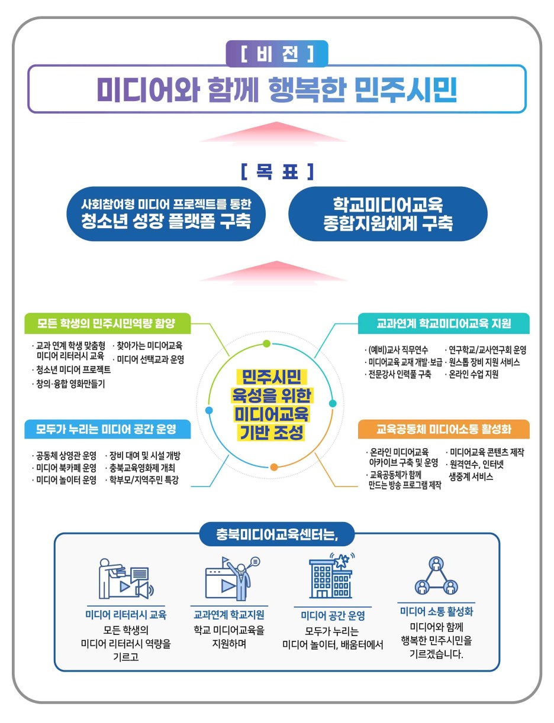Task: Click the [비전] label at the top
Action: (277, 54)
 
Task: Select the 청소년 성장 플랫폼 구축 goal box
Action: (166, 213)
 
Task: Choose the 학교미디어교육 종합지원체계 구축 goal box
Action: (388, 213)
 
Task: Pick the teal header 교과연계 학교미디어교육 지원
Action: (443, 323)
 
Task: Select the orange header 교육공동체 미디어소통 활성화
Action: (443, 429)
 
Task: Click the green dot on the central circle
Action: (266, 343)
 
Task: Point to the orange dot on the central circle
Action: (274, 467)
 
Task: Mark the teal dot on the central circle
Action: (333, 403)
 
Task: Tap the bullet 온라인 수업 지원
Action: (474, 374)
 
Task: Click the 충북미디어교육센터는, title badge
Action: (277, 534)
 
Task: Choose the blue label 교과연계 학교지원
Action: (229, 614)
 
